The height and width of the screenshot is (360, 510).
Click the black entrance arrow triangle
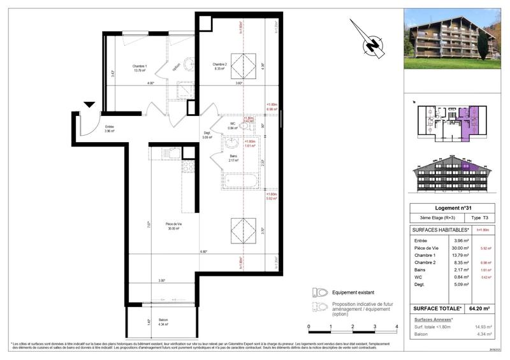pyautogui.click(x=89, y=105)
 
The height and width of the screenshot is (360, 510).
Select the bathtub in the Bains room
pyautogui.click(x=239, y=181)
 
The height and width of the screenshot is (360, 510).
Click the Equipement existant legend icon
pyautogui.click(x=319, y=292)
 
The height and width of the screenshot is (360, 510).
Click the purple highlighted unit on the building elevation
pyautogui.click(x=470, y=168)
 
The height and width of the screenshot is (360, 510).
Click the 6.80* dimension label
pyautogui.click(x=203, y=252)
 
